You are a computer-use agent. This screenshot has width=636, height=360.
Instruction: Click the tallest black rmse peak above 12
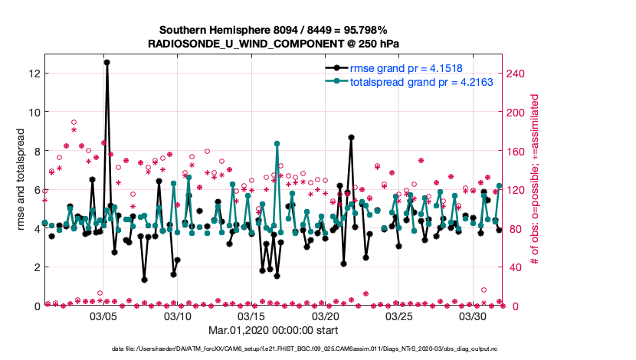click(x=107, y=62)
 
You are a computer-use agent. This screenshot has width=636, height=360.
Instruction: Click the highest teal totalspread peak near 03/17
click(x=277, y=143)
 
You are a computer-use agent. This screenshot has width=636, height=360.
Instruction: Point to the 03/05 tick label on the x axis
click(x=103, y=316)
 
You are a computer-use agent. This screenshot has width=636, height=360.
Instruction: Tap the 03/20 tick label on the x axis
click(x=326, y=316)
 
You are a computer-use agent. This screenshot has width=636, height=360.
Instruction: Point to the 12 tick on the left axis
click(x=33, y=73)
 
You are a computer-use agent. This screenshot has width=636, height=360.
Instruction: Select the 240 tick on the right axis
click(x=519, y=73)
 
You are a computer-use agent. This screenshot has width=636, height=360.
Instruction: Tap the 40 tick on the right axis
click(x=516, y=267)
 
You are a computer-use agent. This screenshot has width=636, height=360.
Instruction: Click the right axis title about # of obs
click(x=535, y=180)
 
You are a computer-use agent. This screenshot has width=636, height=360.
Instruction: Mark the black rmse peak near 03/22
click(x=351, y=137)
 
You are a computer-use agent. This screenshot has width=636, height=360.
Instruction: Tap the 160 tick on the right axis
click(x=519, y=151)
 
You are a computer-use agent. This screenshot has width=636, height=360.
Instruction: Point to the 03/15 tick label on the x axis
click(x=251, y=316)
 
